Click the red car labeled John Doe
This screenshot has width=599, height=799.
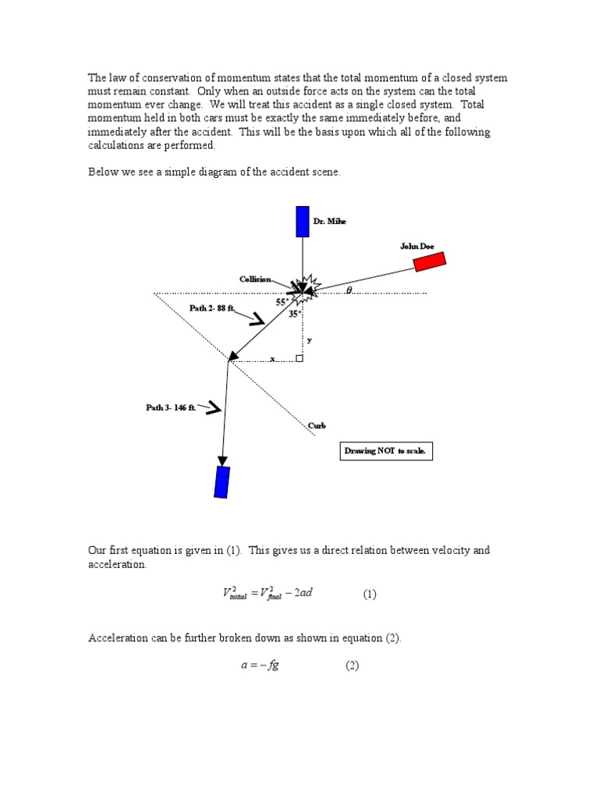(429, 261)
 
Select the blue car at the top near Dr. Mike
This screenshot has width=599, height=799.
(303, 221)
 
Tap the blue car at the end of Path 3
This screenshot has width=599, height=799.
(222, 481)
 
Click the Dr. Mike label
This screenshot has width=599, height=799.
(329, 222)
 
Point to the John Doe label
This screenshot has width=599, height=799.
(416, 246)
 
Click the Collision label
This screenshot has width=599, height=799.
(255, 279)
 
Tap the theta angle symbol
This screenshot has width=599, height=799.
(349, 290)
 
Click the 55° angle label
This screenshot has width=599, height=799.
(282, 302)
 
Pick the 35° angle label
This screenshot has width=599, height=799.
(294, 314)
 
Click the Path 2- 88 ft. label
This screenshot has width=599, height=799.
(212, 308)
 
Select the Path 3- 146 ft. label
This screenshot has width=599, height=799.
(170, 407)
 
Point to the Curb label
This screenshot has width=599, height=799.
(317, 426)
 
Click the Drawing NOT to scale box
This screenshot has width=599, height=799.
(387, 452)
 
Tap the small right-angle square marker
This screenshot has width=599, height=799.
(299, 358)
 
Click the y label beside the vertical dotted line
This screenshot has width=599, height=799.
(309, 339)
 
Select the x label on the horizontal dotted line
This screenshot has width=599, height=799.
(272, 359)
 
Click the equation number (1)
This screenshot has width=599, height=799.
(369, 594)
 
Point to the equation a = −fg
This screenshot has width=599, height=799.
(259, 666)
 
